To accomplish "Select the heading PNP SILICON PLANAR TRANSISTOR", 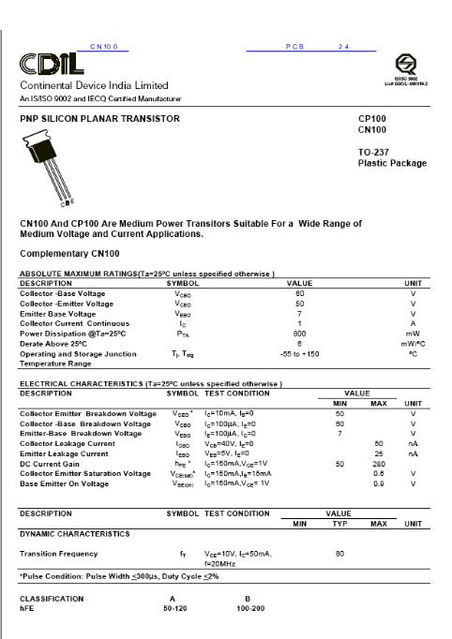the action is coord(99,119).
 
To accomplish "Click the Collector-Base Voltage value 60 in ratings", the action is coord(299,293).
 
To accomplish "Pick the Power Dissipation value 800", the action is coord(299,333).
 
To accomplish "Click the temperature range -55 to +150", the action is coord(299,353).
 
